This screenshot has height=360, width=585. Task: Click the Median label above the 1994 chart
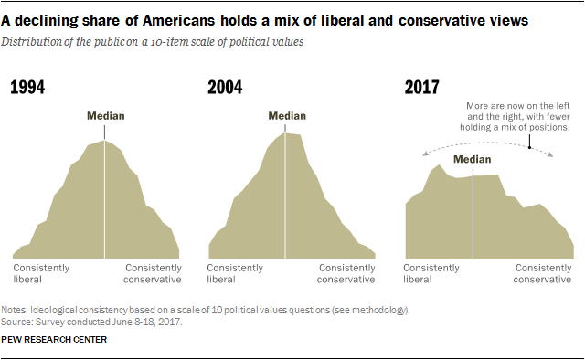click(x=105, y=116)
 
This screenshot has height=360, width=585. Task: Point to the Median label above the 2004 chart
click(x=287, y=116)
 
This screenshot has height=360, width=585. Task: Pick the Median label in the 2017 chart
click(x=473, y=159)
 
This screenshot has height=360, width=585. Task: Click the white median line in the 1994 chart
click(x=105, y=201)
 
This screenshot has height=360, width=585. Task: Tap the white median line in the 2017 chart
click(x=473, y=215)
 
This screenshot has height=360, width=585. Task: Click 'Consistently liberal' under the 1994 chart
click(x=39, y=273)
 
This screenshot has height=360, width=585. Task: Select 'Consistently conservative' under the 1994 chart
click(x=152, y=273)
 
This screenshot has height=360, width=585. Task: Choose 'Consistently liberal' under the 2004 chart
click(x=235, y=273)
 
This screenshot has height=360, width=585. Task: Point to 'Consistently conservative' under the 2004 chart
click(x=346, y=273)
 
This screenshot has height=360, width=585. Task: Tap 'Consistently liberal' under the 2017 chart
click(x=431, y=273)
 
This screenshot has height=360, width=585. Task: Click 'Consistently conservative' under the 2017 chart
click(x=543, y=273)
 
